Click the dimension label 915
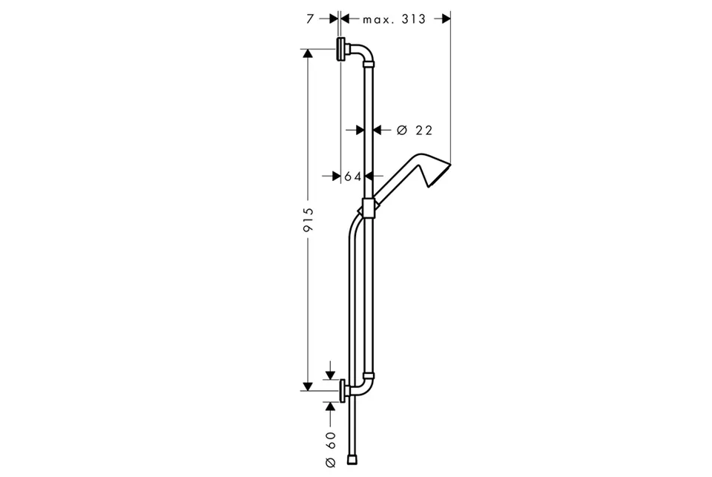click(309, 220)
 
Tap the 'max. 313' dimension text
click(394, 19)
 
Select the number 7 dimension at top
click(310, 19)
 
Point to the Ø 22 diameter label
click(415, 131)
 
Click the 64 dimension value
click(352, 176)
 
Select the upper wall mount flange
click(340, 49)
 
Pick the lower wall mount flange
click(343, 390)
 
